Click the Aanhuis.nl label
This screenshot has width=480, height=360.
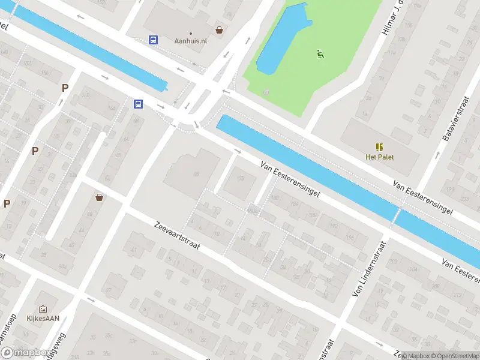coord(190,40)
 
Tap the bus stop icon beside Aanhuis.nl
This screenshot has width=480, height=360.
coord(154,40)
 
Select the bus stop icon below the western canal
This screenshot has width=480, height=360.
coord(139,104)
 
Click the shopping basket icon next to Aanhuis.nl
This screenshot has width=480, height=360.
coord(220,29)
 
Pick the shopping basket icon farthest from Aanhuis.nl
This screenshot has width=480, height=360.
coord(99,197)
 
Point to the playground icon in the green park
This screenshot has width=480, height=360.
coord(320,55)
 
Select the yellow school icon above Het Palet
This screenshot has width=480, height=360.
coord(379,147)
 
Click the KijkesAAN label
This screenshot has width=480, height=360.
coord(42,319)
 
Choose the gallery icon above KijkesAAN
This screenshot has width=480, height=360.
coord(43,308)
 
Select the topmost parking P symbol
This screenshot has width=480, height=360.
coord(65,88)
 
